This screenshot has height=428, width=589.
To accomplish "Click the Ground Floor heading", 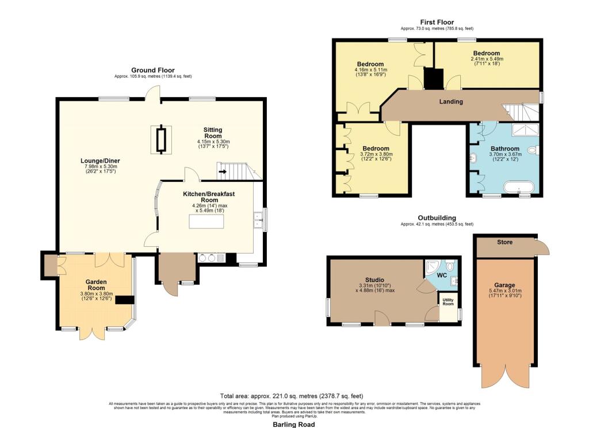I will tap(153, 70).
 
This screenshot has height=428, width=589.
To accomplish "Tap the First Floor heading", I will tap(437, 21).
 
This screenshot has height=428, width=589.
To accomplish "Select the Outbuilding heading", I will tap(437, 218).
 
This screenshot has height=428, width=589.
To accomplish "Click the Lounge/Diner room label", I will tap(100, 160).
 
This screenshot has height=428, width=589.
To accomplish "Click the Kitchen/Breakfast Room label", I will tap(209, 197).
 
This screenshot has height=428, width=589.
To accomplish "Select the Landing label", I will tap(450, 102).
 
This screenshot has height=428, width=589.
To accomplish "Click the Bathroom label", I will tap(505, 148).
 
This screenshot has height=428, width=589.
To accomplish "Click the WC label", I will tap(441, 274).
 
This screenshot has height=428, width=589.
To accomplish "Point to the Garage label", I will tap(504, 285).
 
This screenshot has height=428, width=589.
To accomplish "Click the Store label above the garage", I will tap(504, 242).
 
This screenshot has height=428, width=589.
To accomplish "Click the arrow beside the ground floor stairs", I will tap(222, 170).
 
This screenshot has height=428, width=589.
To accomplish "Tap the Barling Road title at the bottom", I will tap(293, 424).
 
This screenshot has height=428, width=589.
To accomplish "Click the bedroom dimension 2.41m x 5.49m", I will tap(487, 59).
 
